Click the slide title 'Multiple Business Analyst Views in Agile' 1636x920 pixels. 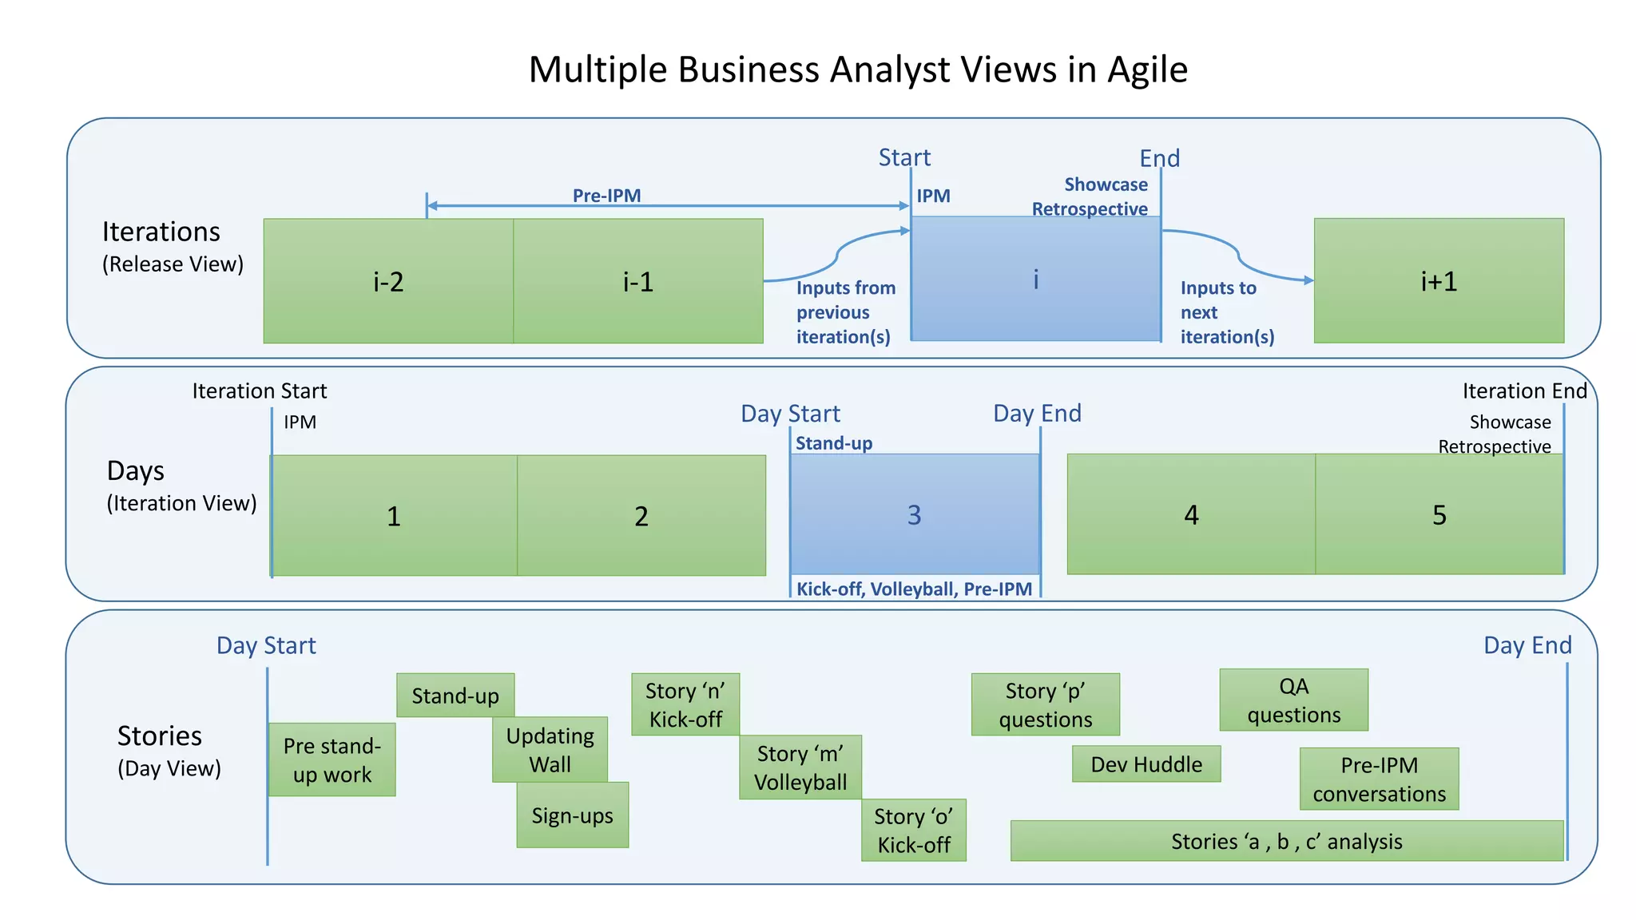[858, 69]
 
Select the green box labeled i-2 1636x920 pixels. [388, 281]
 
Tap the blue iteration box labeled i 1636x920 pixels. [1035, 279]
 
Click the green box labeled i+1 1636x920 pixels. [1439, 281]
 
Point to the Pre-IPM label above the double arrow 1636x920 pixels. [606, 195]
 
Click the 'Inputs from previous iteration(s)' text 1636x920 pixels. [845, 312]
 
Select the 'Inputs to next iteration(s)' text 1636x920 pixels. [1226, 312]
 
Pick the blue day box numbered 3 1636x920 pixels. [914, 514]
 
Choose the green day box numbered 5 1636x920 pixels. [1439, 514]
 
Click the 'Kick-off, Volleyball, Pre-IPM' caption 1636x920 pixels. [914, 589]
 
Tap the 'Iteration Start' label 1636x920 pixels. [259, 391]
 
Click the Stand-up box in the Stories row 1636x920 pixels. [455, 696]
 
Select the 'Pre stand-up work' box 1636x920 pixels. [332, 759]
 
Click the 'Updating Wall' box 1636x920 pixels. [550, 750]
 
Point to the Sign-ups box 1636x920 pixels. [572, 815]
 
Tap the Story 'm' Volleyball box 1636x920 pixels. [800, 767]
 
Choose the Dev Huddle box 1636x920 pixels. [1146, 764]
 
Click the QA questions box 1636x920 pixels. [1293, 700]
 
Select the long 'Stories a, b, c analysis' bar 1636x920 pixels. [1286, 841]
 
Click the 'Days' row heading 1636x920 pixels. [136, 471]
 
